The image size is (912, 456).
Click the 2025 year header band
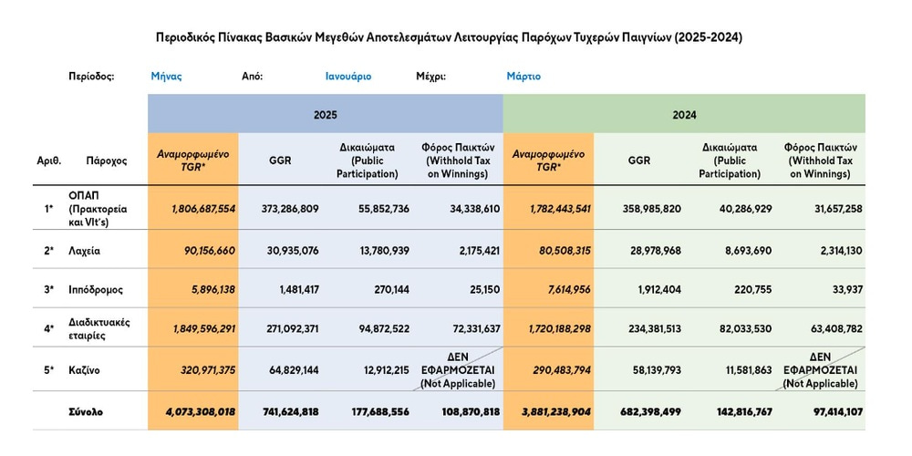pos(325,115)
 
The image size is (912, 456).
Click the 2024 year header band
pos(684,115)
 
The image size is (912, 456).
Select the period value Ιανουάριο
pos(348,77)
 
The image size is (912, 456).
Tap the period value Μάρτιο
pos(523,77)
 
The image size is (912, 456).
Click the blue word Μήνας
pos(166,77)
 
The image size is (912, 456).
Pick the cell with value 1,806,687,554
pos(203,209)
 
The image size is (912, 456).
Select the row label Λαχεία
pos(87,249)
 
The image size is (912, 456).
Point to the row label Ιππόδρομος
pos(95,290)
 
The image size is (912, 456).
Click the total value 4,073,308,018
pos(201,412)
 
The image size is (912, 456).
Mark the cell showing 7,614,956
pos(559,290)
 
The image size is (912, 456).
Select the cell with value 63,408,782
pos(831,329)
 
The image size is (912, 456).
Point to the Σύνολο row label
pos(86,412)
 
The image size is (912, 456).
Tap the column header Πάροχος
pos(107,161)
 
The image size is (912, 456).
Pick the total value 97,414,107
pos(831,412)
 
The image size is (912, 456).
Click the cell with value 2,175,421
pos(474,249)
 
